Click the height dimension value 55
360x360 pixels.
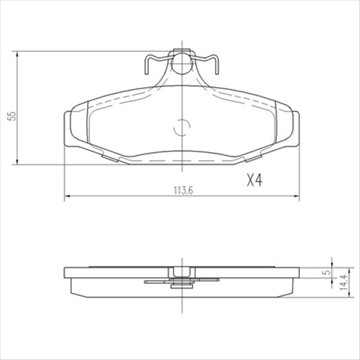10,115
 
